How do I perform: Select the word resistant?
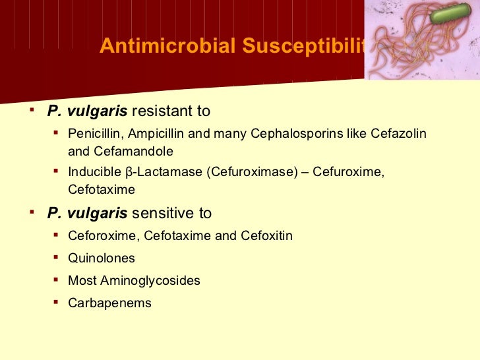(x=160, y=111)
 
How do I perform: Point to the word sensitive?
(x=160, y=213)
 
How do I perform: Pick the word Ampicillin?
(x=155, y=134)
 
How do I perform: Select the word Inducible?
(x=93, y=172)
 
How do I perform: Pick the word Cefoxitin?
(x=267, y=235)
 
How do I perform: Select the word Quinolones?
(x=101, y=258)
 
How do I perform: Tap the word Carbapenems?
(x=109, y=303)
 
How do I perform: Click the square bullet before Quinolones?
(x=56, y=258)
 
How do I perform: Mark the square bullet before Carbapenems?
(x=56, y=303)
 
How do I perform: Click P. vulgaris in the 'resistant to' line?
(x=87, y=111)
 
